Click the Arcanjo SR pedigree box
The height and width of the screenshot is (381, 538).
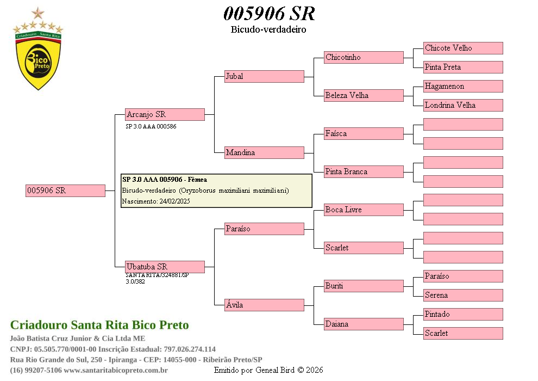tap(165, 114)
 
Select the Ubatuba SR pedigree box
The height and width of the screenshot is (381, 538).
tap(165, 267)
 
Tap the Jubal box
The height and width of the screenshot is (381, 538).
tap(264, 76)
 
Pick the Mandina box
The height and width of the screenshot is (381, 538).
tap(264, 152)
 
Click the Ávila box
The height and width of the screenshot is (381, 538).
tap(264, 305)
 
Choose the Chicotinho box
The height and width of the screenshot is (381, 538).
tap(364, 57)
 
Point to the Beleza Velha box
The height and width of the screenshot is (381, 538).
tap(364, 95)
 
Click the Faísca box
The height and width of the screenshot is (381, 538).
tap(364, 133)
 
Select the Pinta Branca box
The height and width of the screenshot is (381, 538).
tap(364, 171)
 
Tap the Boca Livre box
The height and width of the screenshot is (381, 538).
tap(364, 210)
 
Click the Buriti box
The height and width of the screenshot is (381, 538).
tap(364, 286)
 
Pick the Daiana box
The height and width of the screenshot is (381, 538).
tap(364, 324)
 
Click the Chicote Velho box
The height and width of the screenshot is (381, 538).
tap(463, 48)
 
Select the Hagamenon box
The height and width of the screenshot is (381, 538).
tap(463, 86)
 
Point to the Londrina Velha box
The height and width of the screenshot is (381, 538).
tap(463, 105)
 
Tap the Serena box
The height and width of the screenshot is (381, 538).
tap(463, 295)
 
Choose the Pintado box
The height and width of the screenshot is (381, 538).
tap(463, 314)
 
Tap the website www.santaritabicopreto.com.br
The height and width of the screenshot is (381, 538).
tap(116, 370)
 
